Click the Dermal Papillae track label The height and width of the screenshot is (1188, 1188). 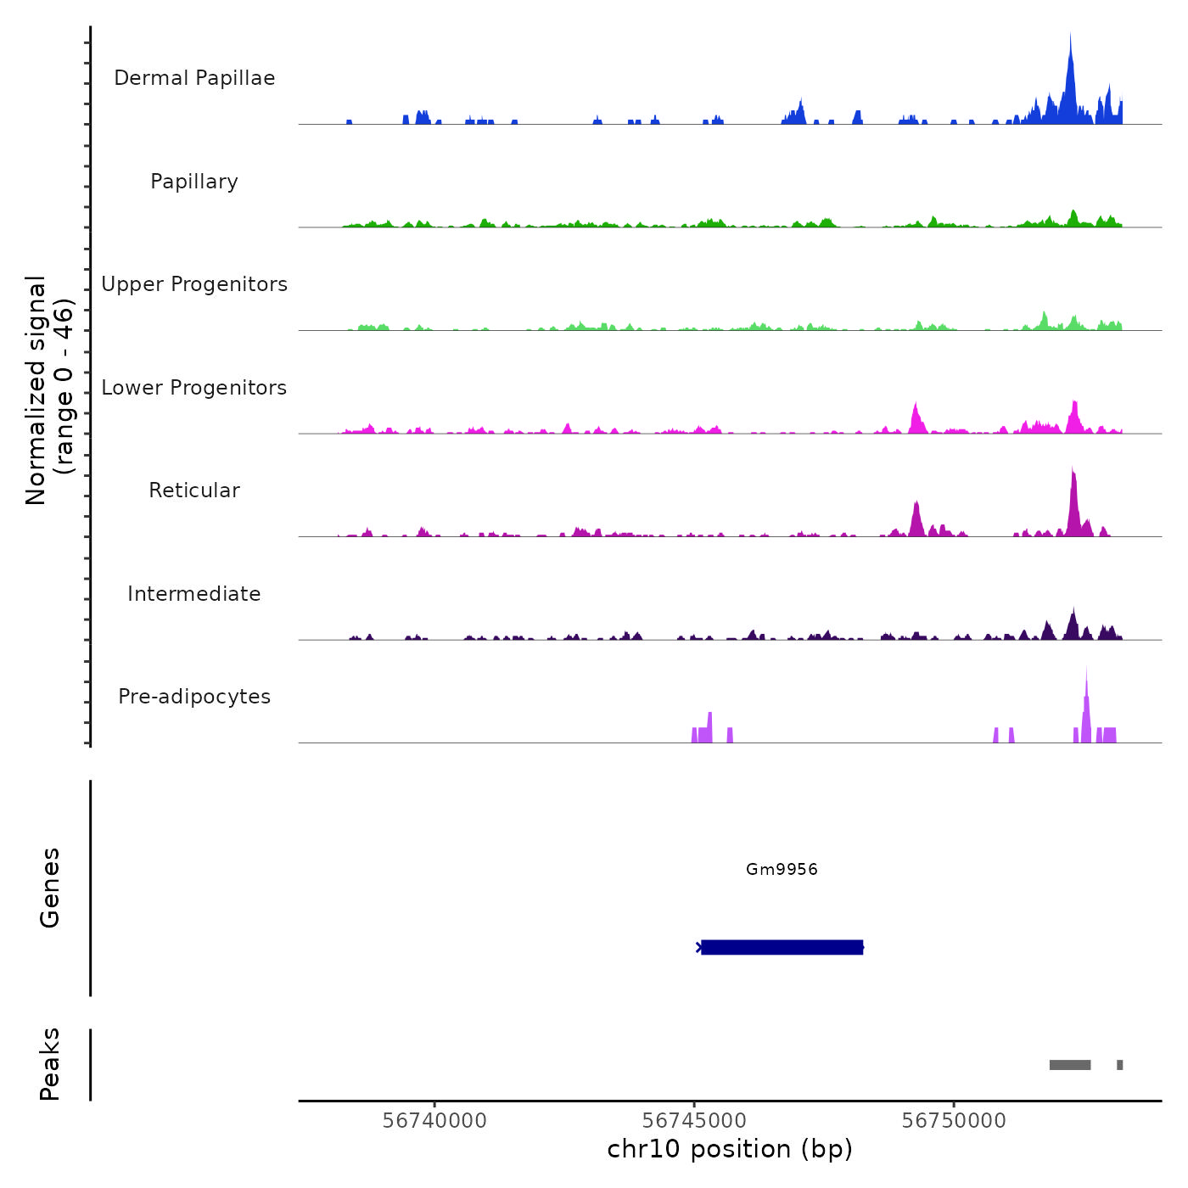click(x=194, y=78)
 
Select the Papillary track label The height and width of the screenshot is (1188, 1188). click(x=194, y=182)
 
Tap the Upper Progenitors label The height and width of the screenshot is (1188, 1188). click(x=194, y=284)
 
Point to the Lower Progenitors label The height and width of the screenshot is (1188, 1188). click(x=194, y=388)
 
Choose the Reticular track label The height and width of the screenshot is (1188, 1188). click(x=194, y=490)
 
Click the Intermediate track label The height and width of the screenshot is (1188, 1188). click(x=194, y=594)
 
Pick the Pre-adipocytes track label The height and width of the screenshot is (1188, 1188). click(x=194, y=697)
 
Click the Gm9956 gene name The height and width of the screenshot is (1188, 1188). click(x=782, y=869)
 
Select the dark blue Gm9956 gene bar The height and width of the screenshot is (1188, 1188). click(x=782, y=947)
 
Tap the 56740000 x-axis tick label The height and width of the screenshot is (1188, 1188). click(x=434, y=1120)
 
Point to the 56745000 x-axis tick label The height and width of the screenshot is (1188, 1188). click(x=694, y=1120)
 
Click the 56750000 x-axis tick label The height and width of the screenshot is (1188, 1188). click(x=954, y=1120)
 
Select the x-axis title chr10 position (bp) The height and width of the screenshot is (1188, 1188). click(x=730, y=1149)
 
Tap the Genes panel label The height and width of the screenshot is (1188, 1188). click(x=50, y=888)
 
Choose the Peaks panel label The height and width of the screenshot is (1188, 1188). click(x=50, y=1064)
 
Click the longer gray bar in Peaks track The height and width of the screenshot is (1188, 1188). click(x=1070, y=1065)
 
